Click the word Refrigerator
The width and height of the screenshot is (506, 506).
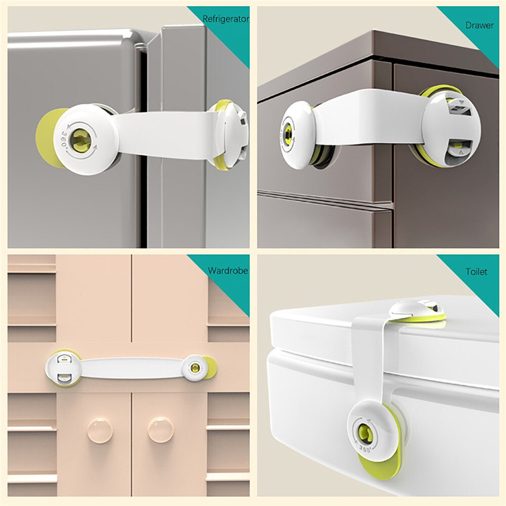point(226,19)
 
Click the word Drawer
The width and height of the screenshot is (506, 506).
point(480,25)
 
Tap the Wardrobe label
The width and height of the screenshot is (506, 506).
point(228,271)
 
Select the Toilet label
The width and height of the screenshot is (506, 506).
point(476,272)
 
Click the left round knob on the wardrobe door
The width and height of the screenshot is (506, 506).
point(99,430)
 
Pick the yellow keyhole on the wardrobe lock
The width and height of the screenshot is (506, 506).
point(193,368)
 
